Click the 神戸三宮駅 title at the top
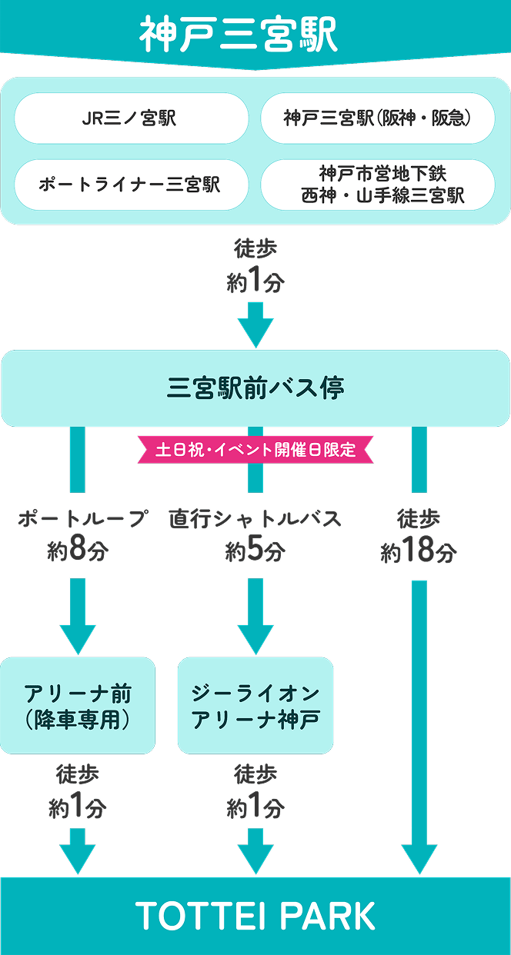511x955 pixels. (239, 35)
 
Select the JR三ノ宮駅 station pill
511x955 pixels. (130, 118)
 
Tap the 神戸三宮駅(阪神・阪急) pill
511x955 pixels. (377, 118)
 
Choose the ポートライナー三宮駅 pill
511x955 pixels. (130, 185)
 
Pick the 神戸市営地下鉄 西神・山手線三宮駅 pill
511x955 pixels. (382, 185)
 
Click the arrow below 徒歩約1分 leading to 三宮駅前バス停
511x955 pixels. (255, 326)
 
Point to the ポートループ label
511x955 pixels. (82, 520)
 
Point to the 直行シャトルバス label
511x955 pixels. (255, 520)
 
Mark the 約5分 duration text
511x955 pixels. (255, 551)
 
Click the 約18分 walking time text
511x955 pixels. (419, 551)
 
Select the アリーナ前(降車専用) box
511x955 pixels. (78, 706)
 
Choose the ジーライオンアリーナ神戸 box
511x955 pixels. (255, 706)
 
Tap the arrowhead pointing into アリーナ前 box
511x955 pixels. (78, 639)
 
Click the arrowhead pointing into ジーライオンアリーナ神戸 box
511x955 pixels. (255, 639)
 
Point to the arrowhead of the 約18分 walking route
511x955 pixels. (419, 858)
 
